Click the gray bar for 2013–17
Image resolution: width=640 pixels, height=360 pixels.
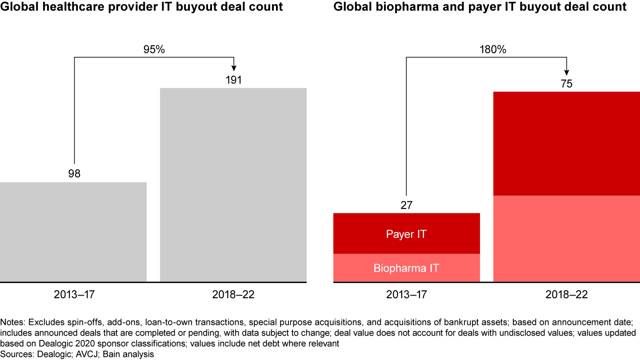click(x=73, y=232)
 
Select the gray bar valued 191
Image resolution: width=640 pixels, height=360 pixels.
click(x=233, y=185)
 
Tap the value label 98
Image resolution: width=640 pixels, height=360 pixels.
click(x=74, y=174)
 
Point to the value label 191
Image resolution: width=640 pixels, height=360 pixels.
click(x=234, y=80)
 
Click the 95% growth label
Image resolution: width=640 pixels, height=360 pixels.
click(x=154, y=50)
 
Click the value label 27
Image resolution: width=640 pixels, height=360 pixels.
click(x=406, y=205)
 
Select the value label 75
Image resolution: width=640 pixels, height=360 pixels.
click(x=567, y=84)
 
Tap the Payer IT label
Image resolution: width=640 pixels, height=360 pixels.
click(x=406, y=234)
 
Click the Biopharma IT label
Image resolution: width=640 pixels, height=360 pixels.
click(x=406, y=268)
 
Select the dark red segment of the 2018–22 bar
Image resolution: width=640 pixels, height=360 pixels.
click(x=567, y=144)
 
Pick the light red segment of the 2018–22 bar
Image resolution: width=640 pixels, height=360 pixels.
click(x=567, y=239)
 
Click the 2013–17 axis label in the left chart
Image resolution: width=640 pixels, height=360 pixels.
click(x=73, y=295)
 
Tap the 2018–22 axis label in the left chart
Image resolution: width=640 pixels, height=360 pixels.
click(x=233, y=295)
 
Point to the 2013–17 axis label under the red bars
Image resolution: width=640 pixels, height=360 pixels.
click(x=406, y=295)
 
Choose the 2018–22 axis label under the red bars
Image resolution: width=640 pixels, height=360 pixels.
click(x=567, y=295)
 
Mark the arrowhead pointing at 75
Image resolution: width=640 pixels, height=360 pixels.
click(x=567, y=71)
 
